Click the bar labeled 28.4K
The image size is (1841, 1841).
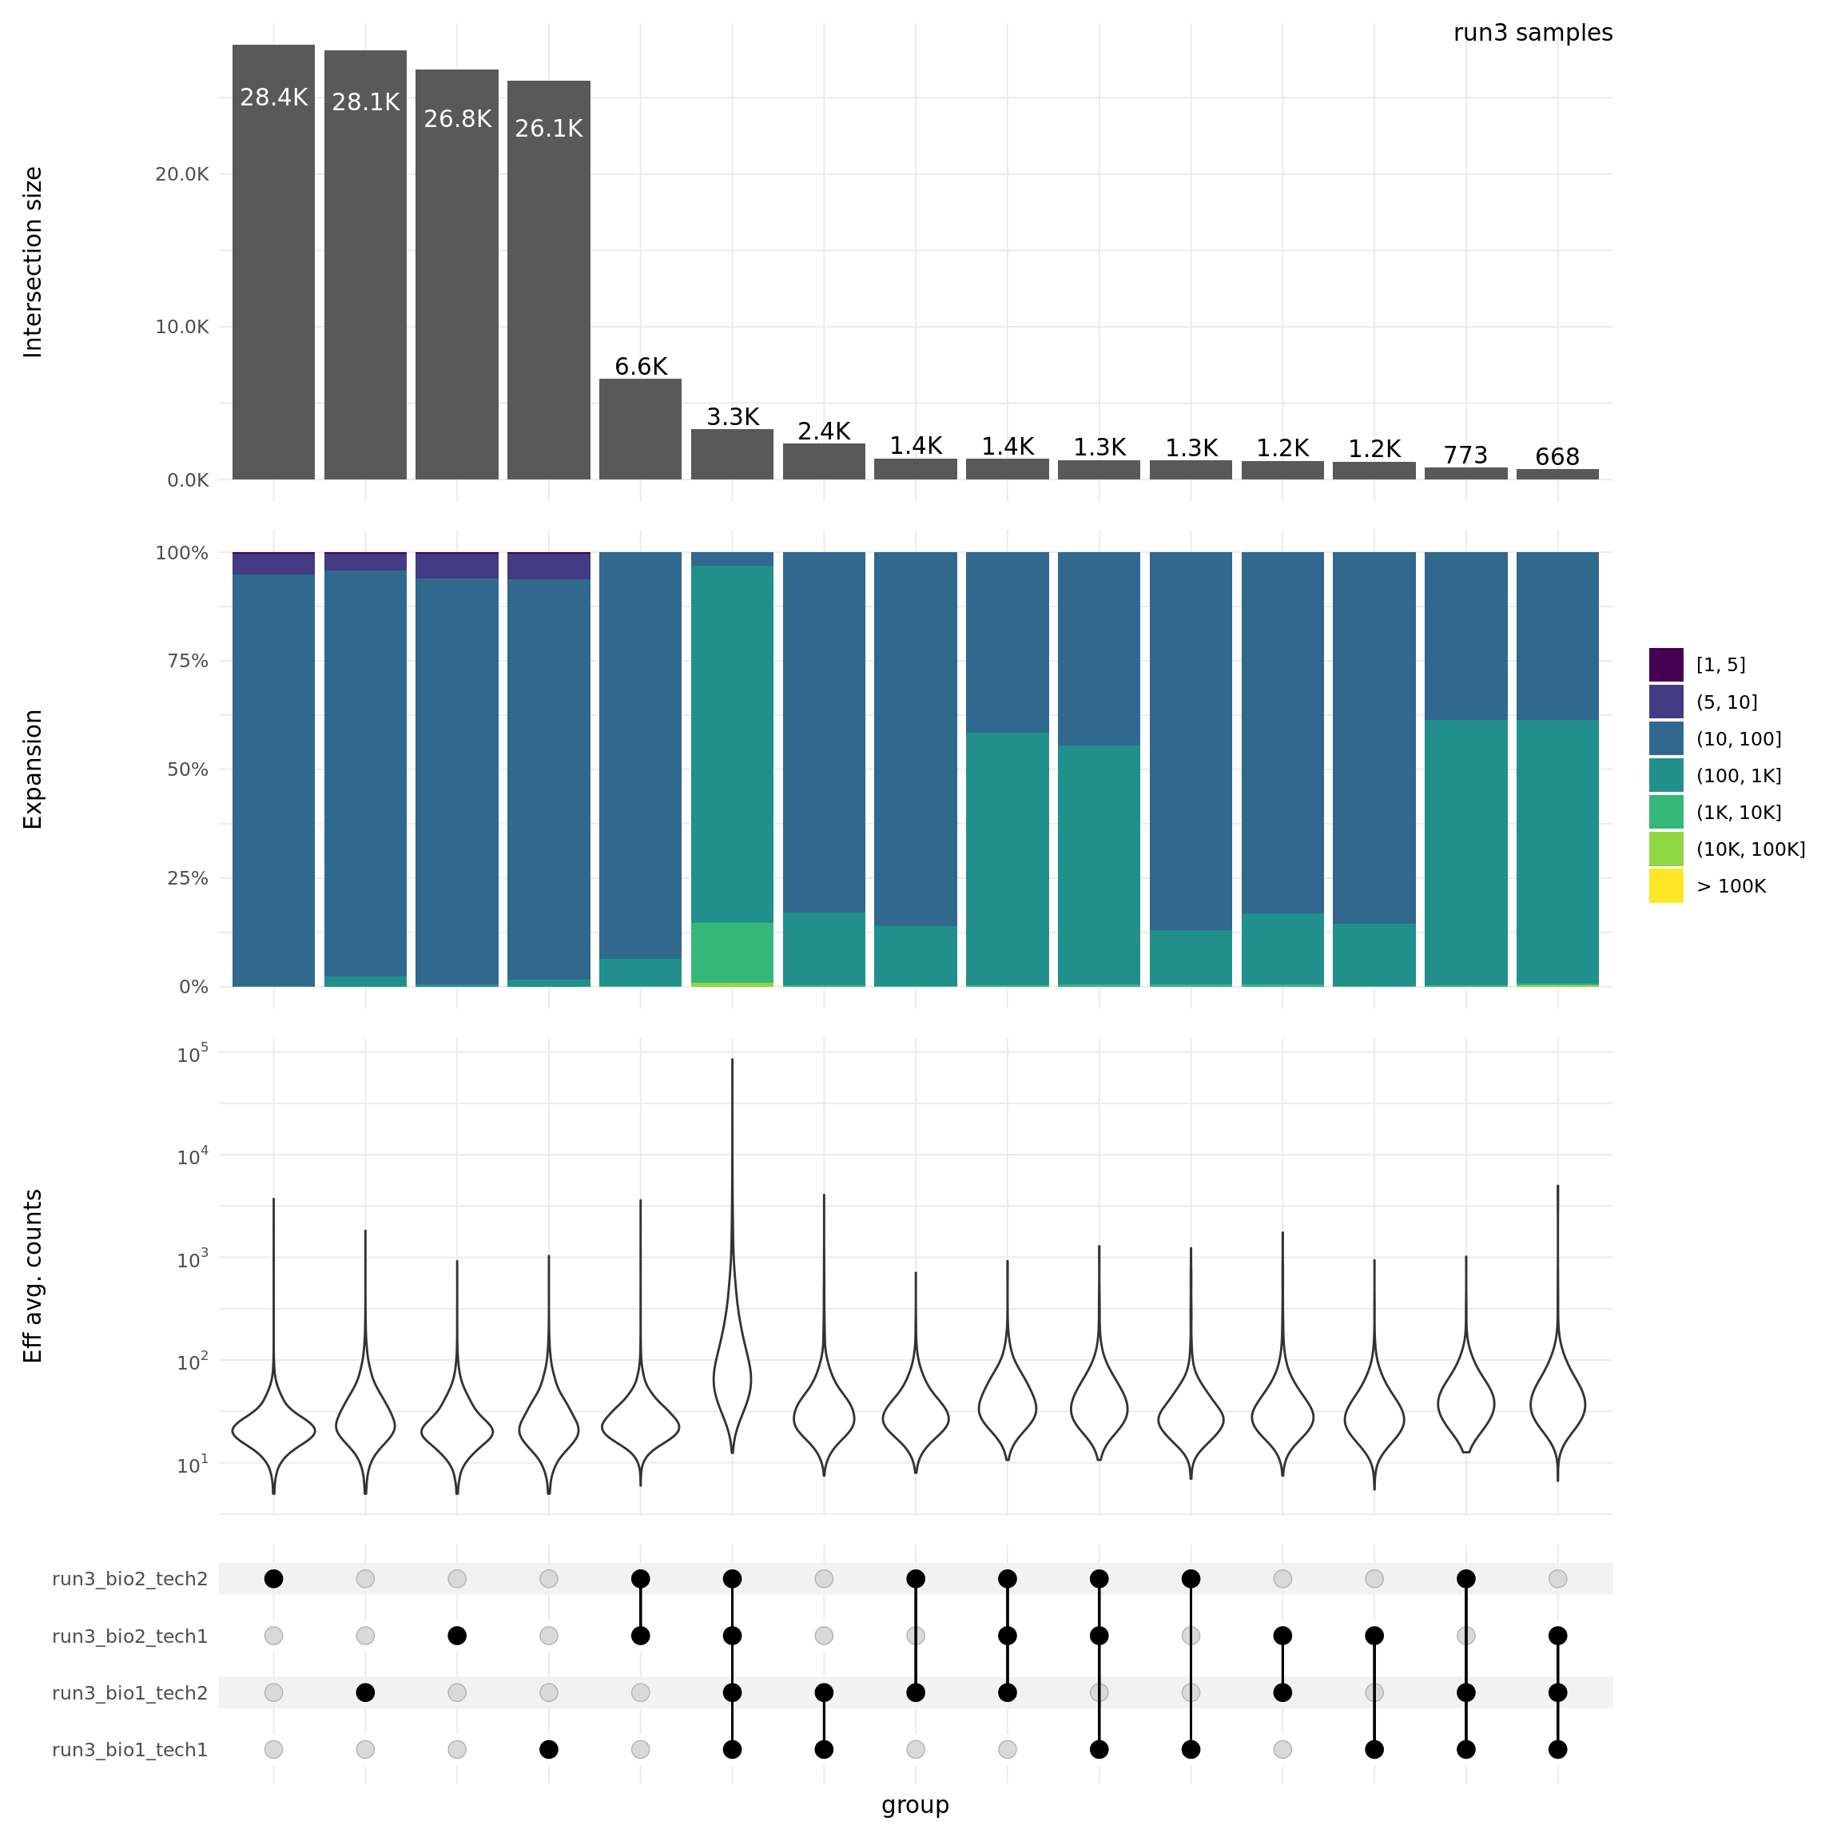click(273, 262)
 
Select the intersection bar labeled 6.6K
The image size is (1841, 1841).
click(640, 429)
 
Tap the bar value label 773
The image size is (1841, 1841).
click(1465, 455)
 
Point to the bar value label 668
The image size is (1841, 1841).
click(1557, 457)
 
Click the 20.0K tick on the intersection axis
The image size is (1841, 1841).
click(181, 174)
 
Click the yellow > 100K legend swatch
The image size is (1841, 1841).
click(1666, 886)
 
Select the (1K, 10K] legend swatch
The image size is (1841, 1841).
click(1666, 813)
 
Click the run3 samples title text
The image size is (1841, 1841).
click(1533, 34)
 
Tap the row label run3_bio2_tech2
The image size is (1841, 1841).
click(129, 1579)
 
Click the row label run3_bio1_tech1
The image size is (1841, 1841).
click(129, 1750)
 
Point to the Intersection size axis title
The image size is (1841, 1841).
click(34, 262)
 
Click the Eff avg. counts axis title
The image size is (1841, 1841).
click(34, 1276)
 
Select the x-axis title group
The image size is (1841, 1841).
click(915, 1805)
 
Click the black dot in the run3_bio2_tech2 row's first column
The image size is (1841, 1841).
click(273, 1579)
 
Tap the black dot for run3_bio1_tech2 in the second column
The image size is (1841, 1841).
click(365, 1692)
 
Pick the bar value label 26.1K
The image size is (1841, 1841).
click(549, 129)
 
